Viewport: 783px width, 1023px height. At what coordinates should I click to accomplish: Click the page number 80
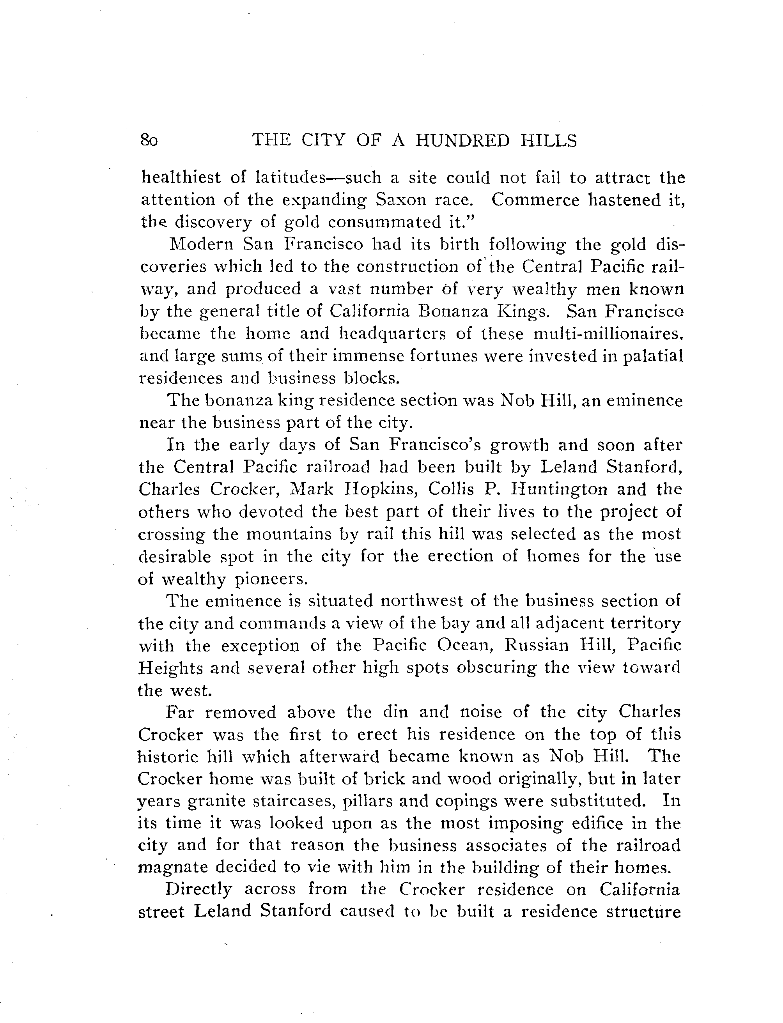(149, 140)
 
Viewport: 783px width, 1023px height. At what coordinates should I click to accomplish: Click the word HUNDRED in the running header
(462, 140)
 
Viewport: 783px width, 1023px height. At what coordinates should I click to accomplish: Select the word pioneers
(271, 579)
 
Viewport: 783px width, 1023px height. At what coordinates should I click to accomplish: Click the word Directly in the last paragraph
(198, 890)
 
